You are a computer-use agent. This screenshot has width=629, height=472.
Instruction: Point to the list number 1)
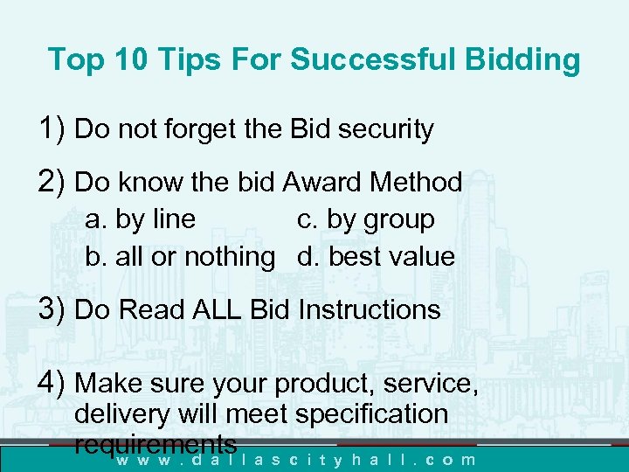click(x=53, y=129)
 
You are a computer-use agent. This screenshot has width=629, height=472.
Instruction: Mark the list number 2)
click(x=53, y=182)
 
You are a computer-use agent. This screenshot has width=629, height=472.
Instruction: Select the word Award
click(x=322, y=182)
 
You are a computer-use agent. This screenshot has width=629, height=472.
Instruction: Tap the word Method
click(x=416, y=182)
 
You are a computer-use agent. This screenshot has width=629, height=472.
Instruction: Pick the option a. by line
click(x=140, y=219)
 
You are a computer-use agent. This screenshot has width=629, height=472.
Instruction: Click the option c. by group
click(x=365, y=219)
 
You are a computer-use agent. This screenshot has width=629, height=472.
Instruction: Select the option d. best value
click(x=376, y=257)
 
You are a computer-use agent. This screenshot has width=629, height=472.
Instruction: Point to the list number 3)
click(x=53, y=309)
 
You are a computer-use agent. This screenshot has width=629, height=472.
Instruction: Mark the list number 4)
click(x=53, y=383)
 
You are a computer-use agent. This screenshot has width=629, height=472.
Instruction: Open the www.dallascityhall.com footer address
click(x=297, y=459)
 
